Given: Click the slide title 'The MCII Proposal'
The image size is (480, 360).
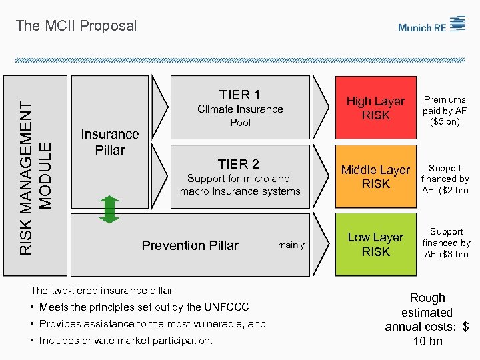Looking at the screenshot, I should click(x=76, y=26).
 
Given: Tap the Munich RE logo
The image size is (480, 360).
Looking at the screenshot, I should click(x=431, y=25).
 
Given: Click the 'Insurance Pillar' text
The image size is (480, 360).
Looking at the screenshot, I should click(x=110, y=142).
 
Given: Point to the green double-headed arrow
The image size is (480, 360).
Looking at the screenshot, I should click(x=111, y=209).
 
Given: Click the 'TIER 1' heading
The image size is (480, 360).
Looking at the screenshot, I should click(x=239, y=95).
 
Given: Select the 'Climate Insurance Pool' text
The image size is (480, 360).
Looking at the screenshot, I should click(x=240, y=116).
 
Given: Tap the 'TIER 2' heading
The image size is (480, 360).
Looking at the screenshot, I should click(x=239, y=164).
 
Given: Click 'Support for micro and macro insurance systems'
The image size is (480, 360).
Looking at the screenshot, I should click(x=240, y=185).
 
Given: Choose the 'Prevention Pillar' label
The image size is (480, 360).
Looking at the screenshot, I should click(x=190, y=245).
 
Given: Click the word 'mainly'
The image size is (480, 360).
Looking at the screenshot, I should click(x=291, y=245).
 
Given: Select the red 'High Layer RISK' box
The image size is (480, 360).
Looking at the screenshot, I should click(x=375, y=108).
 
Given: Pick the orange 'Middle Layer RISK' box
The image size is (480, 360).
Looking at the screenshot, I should click(x=375, y=177).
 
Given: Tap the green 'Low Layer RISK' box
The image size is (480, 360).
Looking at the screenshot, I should click(x=375, y=245).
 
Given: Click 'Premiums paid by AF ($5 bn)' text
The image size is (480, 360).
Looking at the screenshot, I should click(x=446, y=111).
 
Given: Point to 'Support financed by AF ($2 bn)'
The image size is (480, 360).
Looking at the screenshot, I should click(x=445, y=179).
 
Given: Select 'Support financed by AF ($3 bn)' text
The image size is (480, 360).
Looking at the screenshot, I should click(x=446, y=243).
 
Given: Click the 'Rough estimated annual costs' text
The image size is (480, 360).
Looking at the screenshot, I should click(x=427, y=319).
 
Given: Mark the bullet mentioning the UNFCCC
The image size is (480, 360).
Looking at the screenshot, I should click(x=144, y=307).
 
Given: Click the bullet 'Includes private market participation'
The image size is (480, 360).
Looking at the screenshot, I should click(x=126, y=341).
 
